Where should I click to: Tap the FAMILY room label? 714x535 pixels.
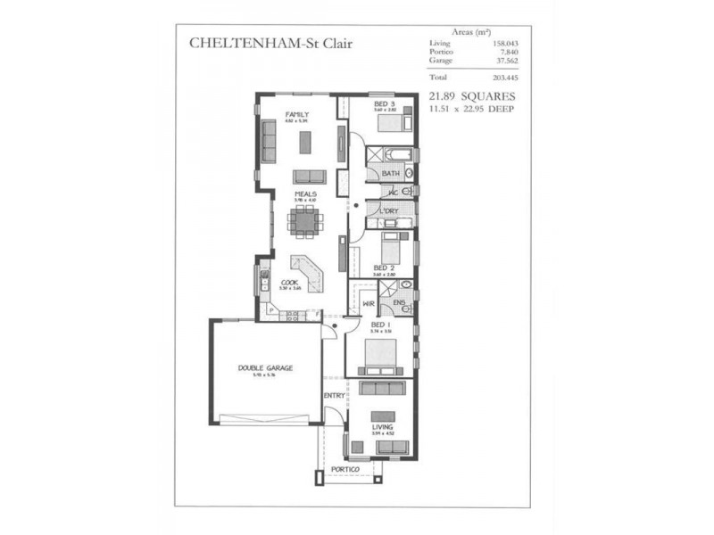[296, 114]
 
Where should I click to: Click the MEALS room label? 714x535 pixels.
[306, 193]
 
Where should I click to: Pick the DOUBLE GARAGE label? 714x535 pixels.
[265, 367]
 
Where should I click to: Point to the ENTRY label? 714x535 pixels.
[334, 395]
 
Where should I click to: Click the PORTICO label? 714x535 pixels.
[345, 469]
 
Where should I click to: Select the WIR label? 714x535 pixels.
[367, 303]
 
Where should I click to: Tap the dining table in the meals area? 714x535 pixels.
[305, 221]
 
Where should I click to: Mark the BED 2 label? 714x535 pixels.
[384, 267]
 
